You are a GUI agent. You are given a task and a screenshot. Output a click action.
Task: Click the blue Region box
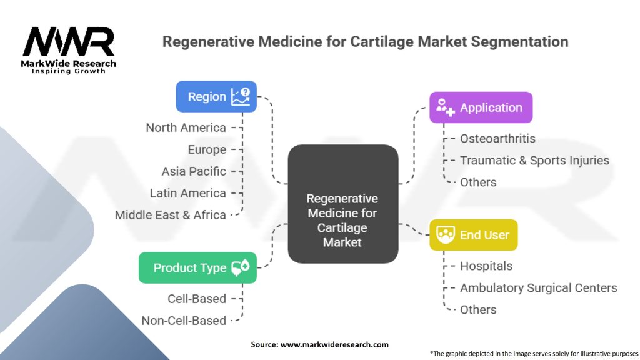pyautogui.click(x=216, y=96)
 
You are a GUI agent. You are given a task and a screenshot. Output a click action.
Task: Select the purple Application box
pyautogui.click(x=481, y=107)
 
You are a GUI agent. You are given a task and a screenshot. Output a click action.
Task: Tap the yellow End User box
pyautogui.click(x=473, y=235)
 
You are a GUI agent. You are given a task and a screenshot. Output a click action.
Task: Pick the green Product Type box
pyautogui.click(x=197, y=267)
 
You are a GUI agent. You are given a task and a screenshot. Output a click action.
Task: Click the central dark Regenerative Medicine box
pyautogui.click(x=342, y=203)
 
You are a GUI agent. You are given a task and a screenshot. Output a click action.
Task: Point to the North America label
pyautogui.click(x=186, y=127)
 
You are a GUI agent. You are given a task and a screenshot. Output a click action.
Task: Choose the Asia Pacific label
pyautogui.click(x=194, y=171)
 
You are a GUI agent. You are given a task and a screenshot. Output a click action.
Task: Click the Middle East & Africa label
pyautogui.click(x=170, y=215)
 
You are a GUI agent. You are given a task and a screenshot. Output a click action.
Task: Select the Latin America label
pyautogui.click(x=187, y=193)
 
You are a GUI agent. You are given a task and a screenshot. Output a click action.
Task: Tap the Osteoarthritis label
pyautogui.click(x=497, y=138)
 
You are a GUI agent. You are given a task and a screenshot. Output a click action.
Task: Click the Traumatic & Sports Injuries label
pyautogui.click(x=534, y=160)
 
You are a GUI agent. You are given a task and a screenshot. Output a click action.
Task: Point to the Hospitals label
pyautogui.click(x=486, y=266)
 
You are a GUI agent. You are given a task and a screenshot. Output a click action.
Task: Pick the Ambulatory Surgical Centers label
pyautogui.click(x=538, y=287)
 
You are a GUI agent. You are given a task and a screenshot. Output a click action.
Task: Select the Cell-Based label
pyautogui.click(x=197, y=299)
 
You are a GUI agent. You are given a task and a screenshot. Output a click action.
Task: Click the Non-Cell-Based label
pyautogui.click(x=184, y=321)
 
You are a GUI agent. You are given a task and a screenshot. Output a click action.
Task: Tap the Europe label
pyautogui.click(x=207, y=149)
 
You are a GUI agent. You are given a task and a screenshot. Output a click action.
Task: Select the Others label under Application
pyautogui.click(x=478, y=182)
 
